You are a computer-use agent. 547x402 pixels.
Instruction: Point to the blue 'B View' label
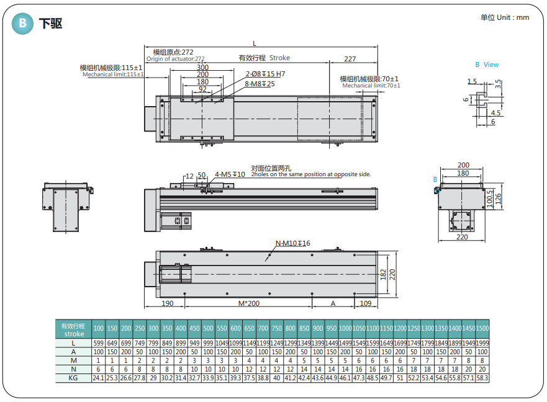click(x=487, y=65)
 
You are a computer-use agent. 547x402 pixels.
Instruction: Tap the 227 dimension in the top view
click(x=350, y=59)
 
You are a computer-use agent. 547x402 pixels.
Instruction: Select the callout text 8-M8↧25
click(x=260, y=84)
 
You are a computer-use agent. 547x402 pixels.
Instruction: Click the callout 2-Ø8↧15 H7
click(x=265, y=74)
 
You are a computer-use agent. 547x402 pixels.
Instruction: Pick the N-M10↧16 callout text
click(x=292, y=243)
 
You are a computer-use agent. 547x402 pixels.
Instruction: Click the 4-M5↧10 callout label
click(x=230, y=174)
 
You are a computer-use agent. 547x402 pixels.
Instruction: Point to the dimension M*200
click(x=248, y=303)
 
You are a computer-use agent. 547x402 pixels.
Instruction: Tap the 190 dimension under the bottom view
click(x=167, y=303)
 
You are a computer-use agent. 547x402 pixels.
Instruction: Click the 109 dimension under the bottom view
click(x=366, y=303)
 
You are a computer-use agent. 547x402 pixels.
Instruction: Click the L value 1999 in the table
click(x=482, y=342)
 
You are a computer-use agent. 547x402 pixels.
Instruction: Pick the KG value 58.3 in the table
click(x=482, y=377)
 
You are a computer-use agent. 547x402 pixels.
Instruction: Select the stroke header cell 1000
click(x=345, y=328)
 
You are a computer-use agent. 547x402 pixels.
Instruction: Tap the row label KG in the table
click(x=73, y=377)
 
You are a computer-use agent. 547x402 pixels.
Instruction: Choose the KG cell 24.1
click(x=98, y=377)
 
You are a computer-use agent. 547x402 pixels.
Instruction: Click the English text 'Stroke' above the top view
click(x=279, y=58)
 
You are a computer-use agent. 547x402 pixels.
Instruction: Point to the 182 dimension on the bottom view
click(x=384, y=274)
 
